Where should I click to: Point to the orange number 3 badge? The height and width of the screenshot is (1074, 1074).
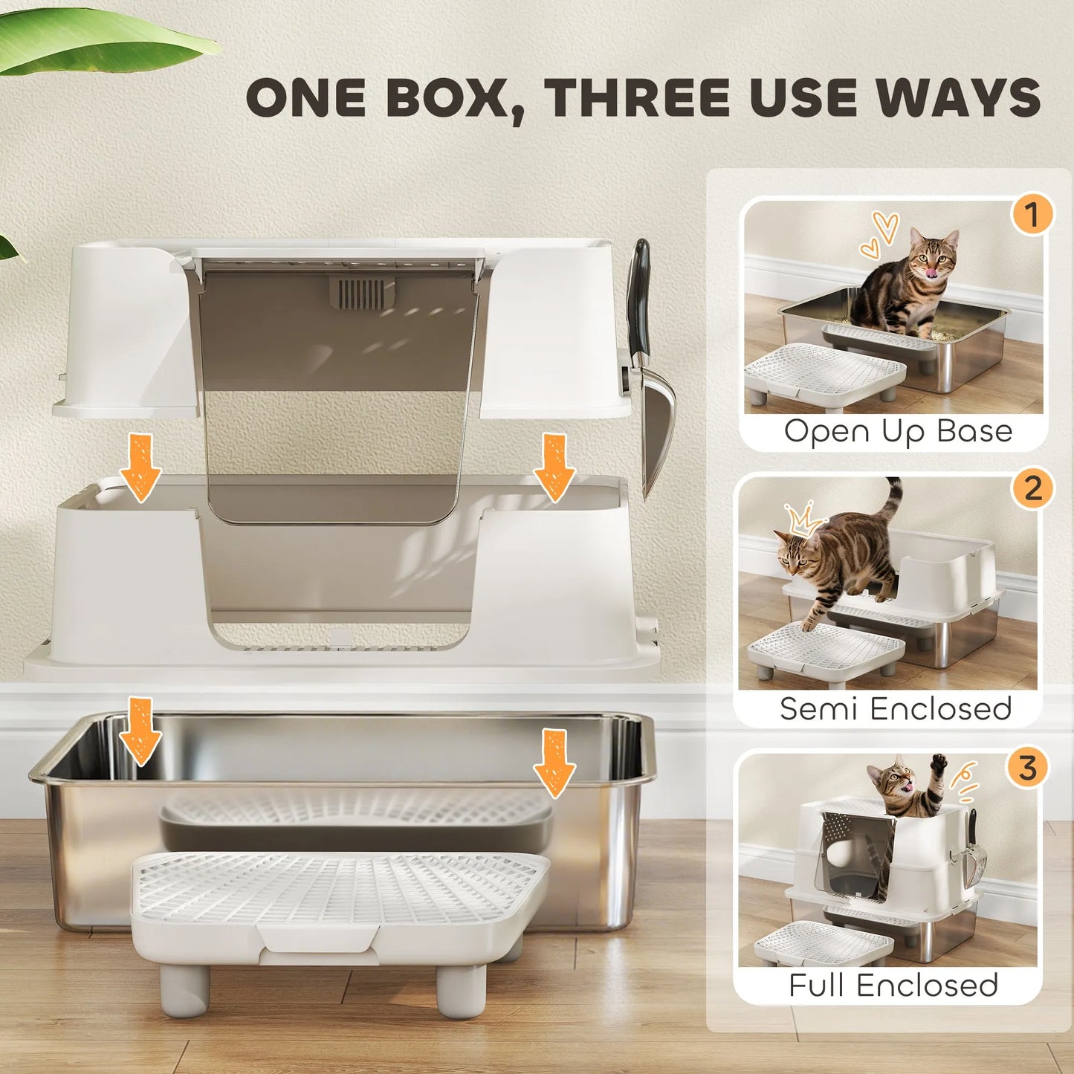(x=1027, y=768)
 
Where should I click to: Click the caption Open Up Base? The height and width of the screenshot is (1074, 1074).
(x=898, y=431)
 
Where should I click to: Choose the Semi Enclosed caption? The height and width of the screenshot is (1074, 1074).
(x=896, y=708)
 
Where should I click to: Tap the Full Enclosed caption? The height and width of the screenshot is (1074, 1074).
(x=893, y=986)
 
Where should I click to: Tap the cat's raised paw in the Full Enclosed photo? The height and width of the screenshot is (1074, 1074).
(x=939, y=763)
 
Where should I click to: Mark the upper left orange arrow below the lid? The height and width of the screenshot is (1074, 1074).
(x=140, y=467)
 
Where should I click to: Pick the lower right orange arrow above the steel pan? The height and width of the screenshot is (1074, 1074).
(x=554, y=763)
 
